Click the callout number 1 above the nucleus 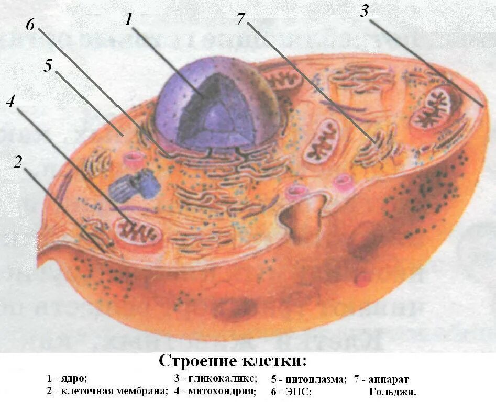pyautogui.click(x=129, y=20)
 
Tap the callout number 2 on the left pyautogui.click(x=18, y=163)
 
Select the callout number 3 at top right pyautogui.click(x=365, y=12)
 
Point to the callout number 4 pyautogui.click(x=10, y=102)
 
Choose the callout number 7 pyautogui.click(x=240, y=18)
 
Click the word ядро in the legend pyautogui.click(x=74, y=378)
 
